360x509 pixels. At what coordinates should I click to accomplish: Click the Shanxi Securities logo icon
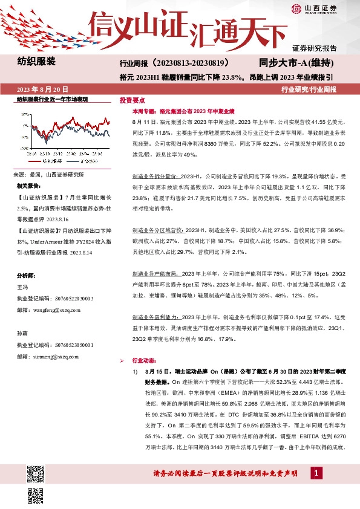(x=296, y=8)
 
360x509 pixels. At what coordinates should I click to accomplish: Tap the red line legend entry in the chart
(x=49, y=161)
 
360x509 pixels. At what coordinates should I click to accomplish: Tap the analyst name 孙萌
(x=22, y=333)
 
